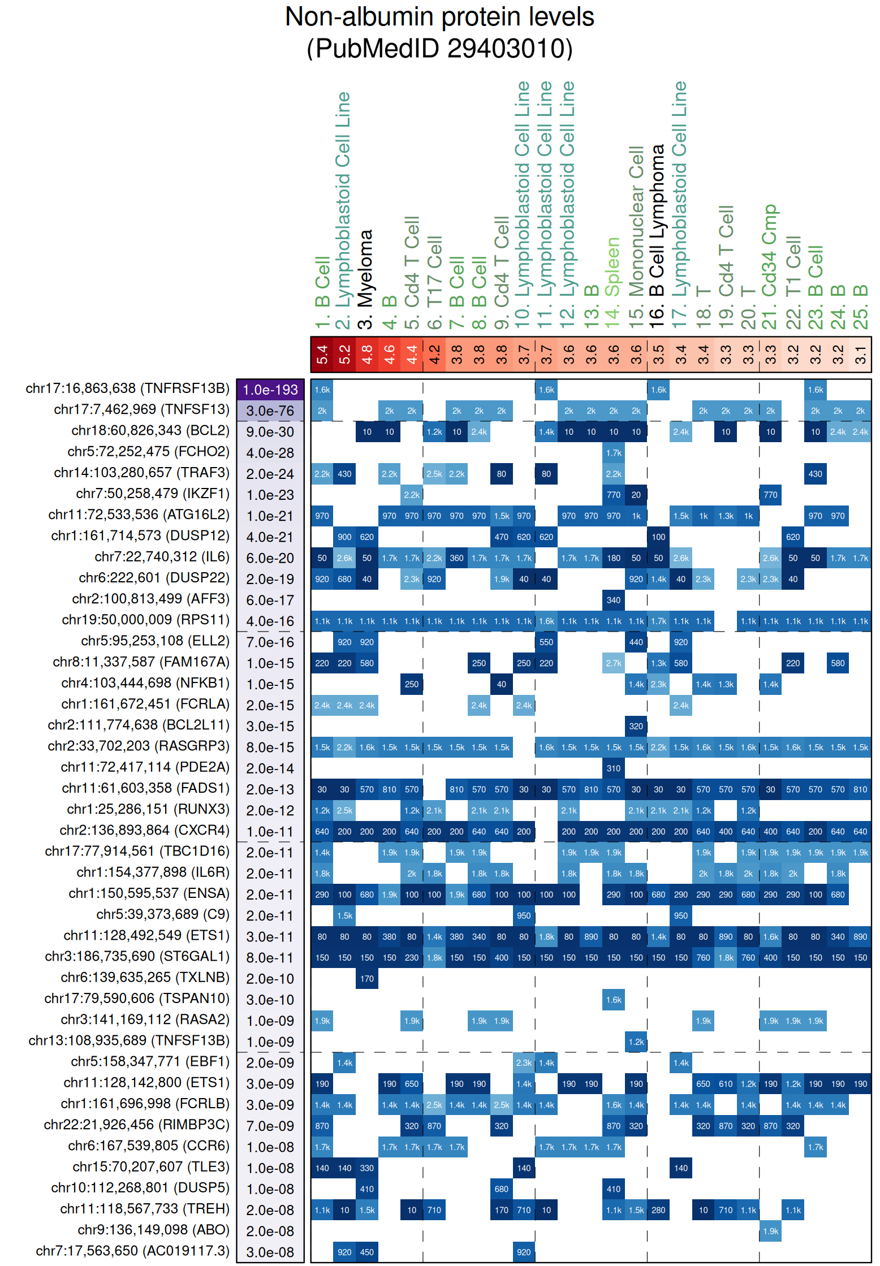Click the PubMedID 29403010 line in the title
(x=439, y=48)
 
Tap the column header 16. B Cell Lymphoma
(x=657, y=236)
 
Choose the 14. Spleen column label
(x=612, y=267)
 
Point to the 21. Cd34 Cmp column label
(x=770, y=266)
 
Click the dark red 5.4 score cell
(x=322, y=355)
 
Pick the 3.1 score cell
(x=860, y=355)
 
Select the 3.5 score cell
(x=658, y=355)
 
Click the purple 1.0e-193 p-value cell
(x=270, y=390)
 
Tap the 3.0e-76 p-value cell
(x=270, y=411)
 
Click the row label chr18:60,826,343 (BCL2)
(x=150, y=431)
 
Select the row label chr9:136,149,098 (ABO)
(x=153, y=1230)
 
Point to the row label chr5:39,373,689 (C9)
(x=163, y=914)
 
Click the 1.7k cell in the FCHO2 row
(x=614, y=453)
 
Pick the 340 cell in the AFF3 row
(x=614, y=600)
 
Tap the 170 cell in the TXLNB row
(x=367, y=979)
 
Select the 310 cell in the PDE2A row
(x=614, y=768)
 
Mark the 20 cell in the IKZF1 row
(x=636, y=495)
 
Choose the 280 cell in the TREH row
(x=658, y=1210)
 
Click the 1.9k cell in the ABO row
(x=770, y=1231)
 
